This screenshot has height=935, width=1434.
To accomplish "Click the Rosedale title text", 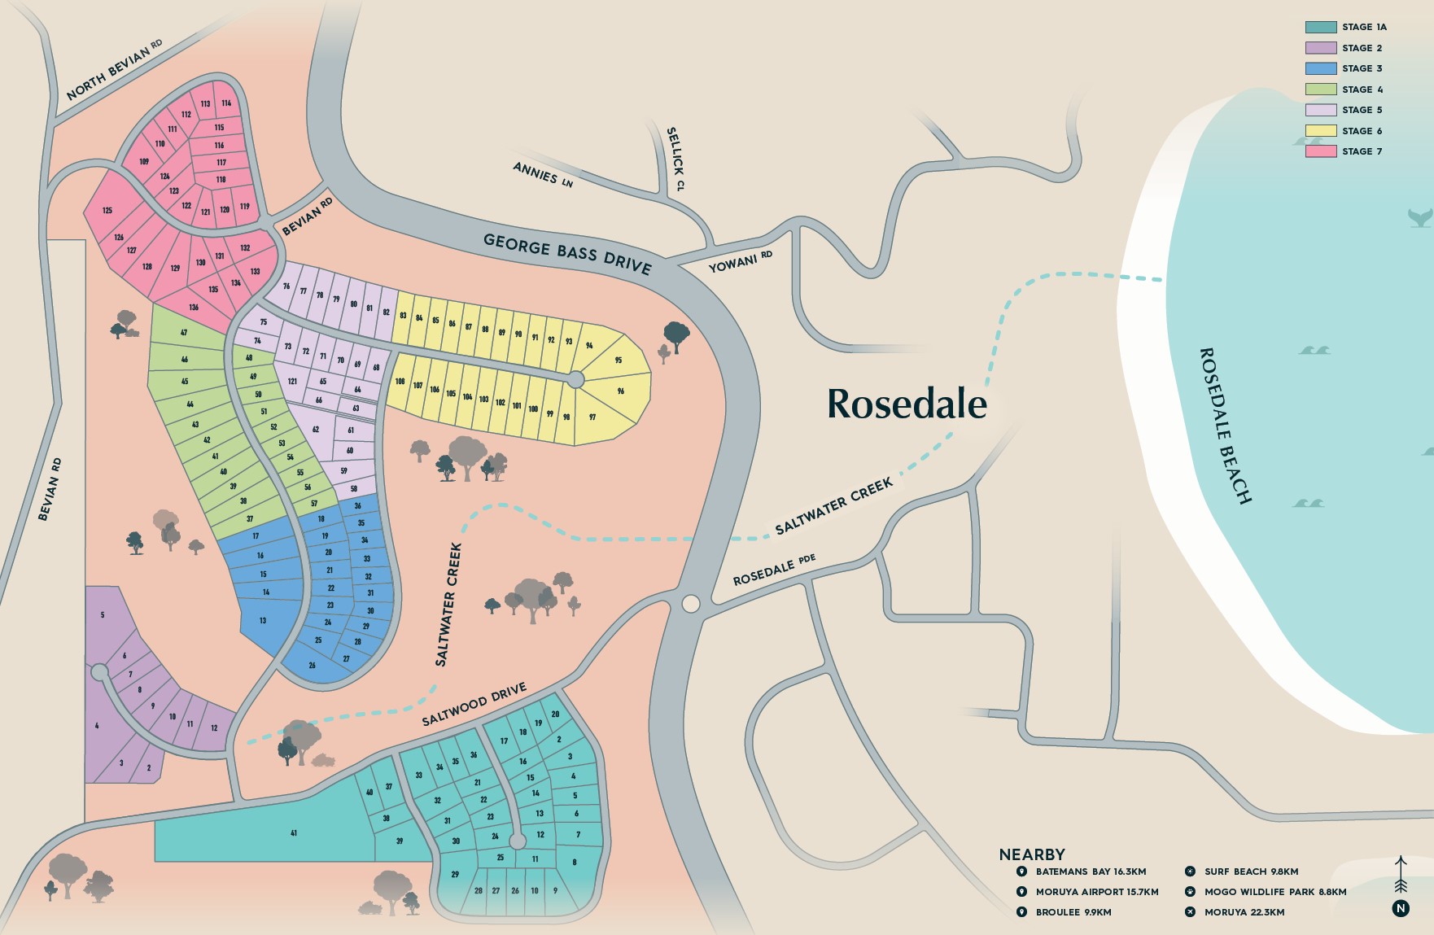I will (907, 404).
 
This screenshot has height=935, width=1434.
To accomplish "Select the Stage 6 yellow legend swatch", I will (1320, 130).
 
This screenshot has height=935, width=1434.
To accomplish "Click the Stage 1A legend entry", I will (1345, 27).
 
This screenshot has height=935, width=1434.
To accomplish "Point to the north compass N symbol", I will (1400, 908).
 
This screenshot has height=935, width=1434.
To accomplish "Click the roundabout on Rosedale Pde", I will (690, 603).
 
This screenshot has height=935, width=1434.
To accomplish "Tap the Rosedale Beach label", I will (1224, 426).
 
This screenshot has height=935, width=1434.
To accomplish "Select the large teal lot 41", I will (293, 832).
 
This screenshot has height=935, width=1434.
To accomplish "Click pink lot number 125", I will (107, 210).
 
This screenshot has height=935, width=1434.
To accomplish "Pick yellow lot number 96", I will (620, 391).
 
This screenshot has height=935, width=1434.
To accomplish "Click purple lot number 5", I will (103, 615).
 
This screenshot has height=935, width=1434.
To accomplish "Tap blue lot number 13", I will (263, 621).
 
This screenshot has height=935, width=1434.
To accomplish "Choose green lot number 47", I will (184, 333).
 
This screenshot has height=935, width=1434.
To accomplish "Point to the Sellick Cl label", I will (675, 159).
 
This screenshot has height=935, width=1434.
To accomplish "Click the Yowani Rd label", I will (740, 262).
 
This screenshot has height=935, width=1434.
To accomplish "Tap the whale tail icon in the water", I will (1419, 217).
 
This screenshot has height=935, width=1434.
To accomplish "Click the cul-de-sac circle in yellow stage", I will (575, 379).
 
